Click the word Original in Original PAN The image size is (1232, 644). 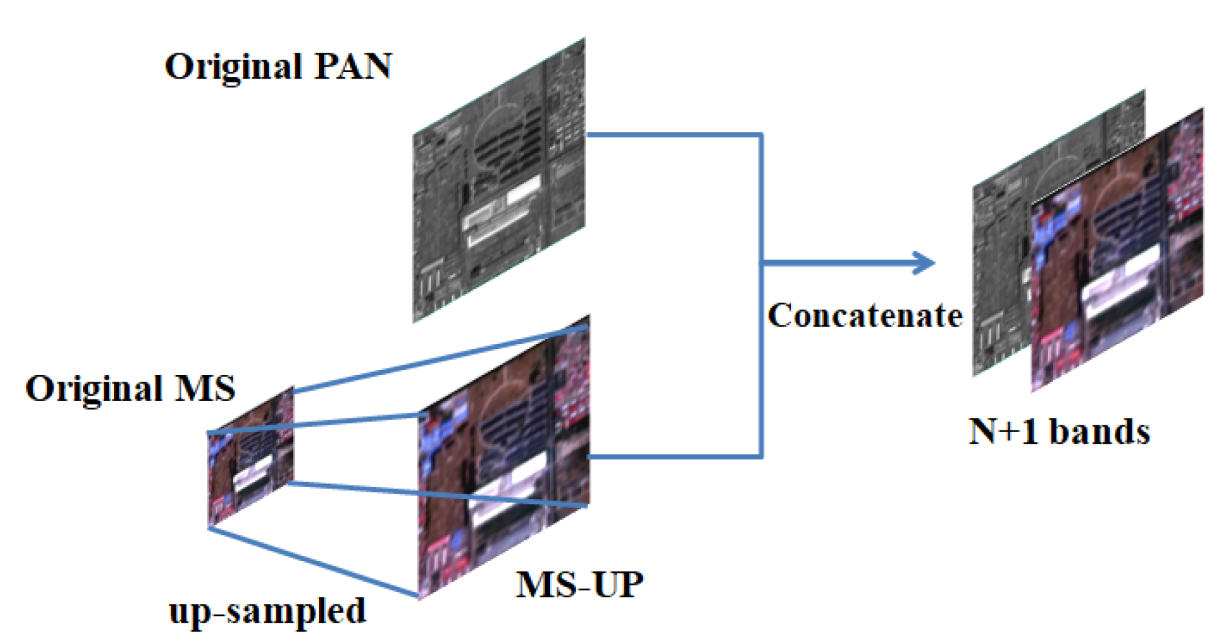234,66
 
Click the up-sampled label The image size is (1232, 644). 267,611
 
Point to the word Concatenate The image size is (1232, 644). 865,316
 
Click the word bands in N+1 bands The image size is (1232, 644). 1100,431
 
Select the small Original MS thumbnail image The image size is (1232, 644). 250,457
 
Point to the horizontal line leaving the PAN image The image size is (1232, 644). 674,135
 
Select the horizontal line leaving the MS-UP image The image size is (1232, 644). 674,457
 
